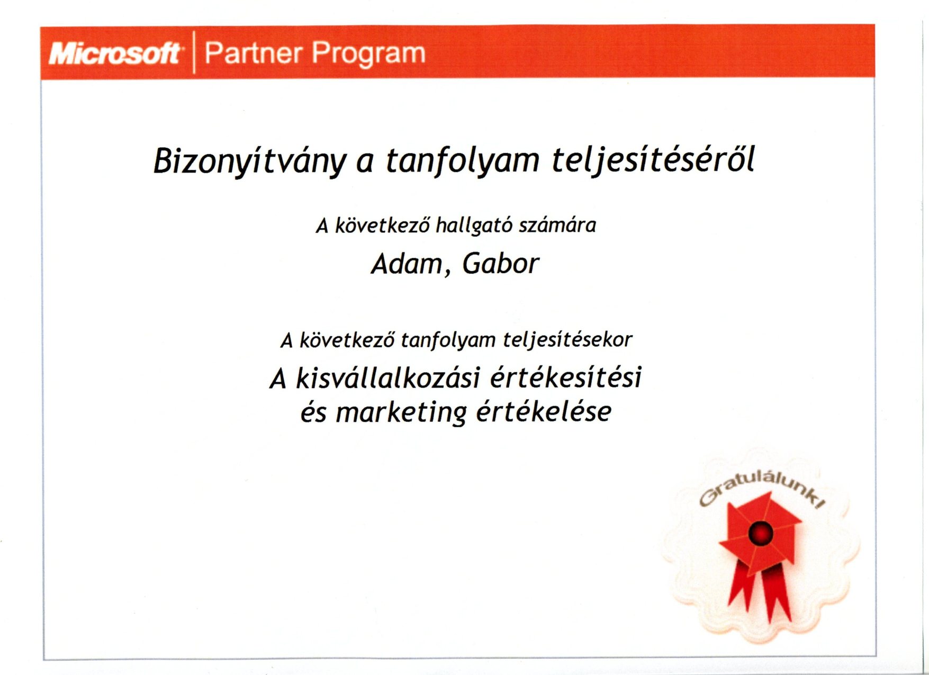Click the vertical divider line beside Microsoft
tap(194, 52)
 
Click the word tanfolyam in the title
tap(463, 161)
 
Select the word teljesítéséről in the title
tap(653, 160)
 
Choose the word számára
tap(557, 226)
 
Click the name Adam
tap(407, 264)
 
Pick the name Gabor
tap(501, 263)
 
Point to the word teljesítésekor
tap(567, 340)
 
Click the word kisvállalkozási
tap(388, 378)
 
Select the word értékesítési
tap(566, 377)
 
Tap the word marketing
tap(401, 413)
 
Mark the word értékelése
tap(544, 411)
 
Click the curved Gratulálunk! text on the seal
tap(761, 489)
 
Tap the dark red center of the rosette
tap(761, 533)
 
